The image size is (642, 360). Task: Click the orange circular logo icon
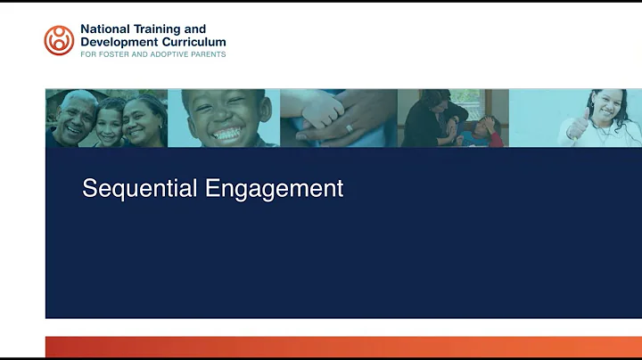[x=60, y=40]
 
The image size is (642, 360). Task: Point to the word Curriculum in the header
[x=192, y=42]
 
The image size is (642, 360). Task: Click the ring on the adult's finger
[x=348, y=128]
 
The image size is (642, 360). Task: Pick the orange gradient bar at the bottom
[x=343, y=347]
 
